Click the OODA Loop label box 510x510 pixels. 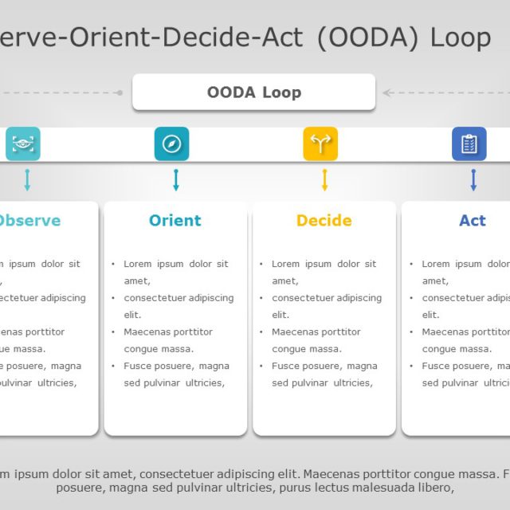(253, 92)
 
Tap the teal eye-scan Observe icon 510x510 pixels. (23, 143)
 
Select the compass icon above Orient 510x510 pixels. (171, 143)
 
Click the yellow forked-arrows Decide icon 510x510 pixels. (320, 143)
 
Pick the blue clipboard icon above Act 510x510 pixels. (469, 143)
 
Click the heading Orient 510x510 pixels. (175, 221)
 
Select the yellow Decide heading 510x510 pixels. (324, 221)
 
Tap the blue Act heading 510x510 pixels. (472, 221)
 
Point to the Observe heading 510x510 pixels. (29, 221)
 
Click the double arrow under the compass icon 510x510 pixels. (176, 180)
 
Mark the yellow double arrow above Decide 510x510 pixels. (324, 180)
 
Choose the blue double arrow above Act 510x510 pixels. (473, 180)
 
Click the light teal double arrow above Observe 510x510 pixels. (27, 180)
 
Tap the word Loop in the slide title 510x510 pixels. (460, 37)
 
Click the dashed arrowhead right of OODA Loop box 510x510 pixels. (386, 92)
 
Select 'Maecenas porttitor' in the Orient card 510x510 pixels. (168, 331)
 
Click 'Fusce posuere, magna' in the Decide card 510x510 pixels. (324, 366)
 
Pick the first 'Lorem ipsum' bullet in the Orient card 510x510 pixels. (175, 264)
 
